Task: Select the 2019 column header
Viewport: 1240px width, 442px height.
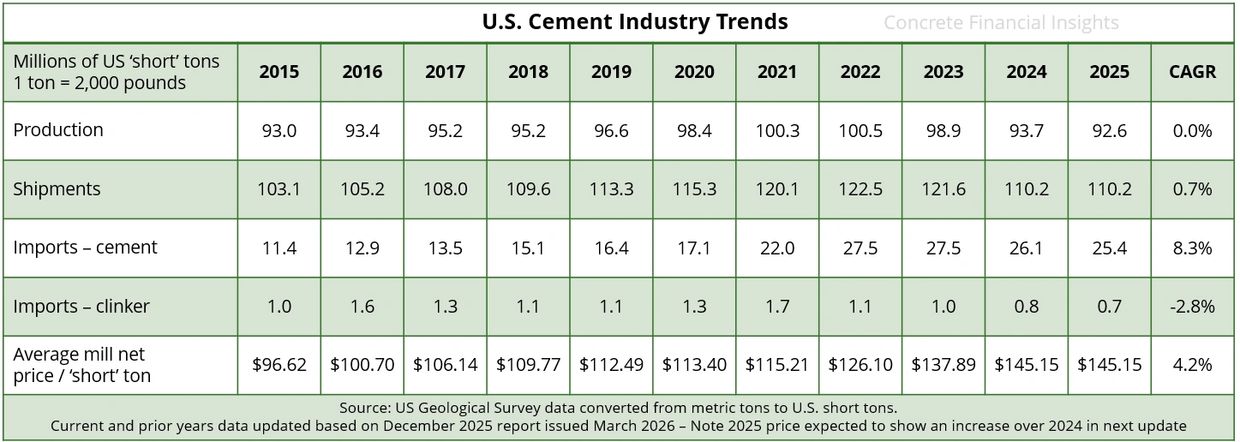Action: (x=611, y=72)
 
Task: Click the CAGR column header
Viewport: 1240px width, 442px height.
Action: (x=1192, y=72)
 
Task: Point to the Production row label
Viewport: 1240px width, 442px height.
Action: (x=58, y=130)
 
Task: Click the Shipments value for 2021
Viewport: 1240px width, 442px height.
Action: (x=777, y=189)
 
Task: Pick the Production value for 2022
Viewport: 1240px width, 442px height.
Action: (x=860, y=131)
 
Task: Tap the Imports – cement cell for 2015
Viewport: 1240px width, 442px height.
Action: (x=279, y=248)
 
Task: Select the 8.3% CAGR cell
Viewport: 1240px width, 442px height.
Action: (x=1192, y=248)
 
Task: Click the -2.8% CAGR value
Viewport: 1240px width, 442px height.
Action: (x=1192, y=307)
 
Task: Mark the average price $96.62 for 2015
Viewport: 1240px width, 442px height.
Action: (x=279, y=365)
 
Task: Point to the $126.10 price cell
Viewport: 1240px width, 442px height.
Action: (x=860, y=365)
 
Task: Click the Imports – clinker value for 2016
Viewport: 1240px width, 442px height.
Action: (x=362, y=307)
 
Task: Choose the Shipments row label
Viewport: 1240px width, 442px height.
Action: (x=57, y=189)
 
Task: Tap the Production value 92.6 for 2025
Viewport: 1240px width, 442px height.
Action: (x=1109, y=131)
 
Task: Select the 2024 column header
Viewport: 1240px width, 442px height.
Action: (x=1026, y=72)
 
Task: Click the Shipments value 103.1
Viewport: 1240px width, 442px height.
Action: (x=279, y=189)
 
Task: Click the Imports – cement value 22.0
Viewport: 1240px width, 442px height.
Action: (x=777, y=248)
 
